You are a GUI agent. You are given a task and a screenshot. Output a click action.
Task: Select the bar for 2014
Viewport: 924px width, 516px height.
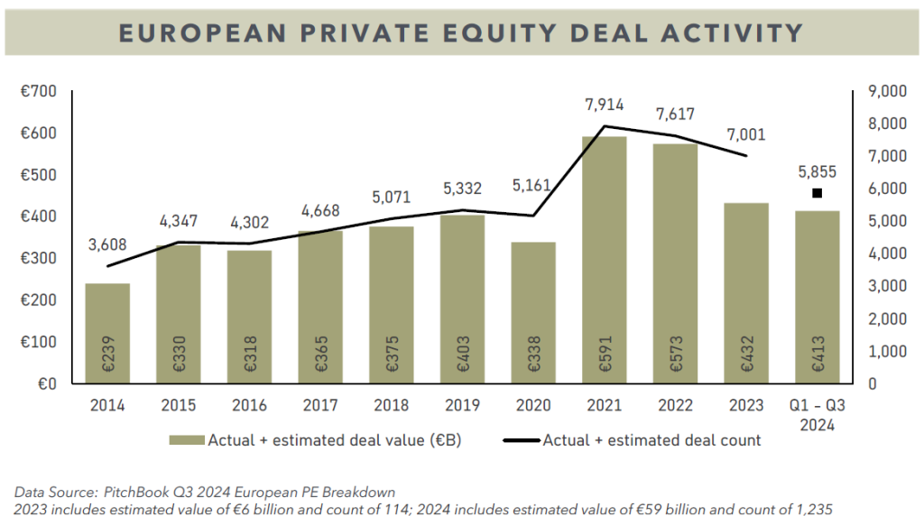(107, 333)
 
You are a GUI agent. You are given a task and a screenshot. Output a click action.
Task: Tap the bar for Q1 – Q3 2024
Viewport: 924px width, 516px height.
(818, 297)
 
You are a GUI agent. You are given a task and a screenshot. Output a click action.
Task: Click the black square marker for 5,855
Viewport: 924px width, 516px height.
(818, 193)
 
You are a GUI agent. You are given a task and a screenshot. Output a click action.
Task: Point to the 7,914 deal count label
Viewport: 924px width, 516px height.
(604, 105)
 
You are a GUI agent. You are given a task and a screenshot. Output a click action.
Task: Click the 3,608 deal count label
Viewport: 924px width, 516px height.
(108, 244)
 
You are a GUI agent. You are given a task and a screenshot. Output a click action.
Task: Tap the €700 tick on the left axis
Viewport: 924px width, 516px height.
(38, 91)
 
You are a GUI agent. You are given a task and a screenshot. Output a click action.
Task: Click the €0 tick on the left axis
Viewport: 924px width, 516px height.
(47, 383)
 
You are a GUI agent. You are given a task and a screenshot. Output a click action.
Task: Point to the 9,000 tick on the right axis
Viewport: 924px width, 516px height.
(887, 91)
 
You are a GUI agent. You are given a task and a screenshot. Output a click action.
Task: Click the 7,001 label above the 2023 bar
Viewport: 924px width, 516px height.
(745, 135)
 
